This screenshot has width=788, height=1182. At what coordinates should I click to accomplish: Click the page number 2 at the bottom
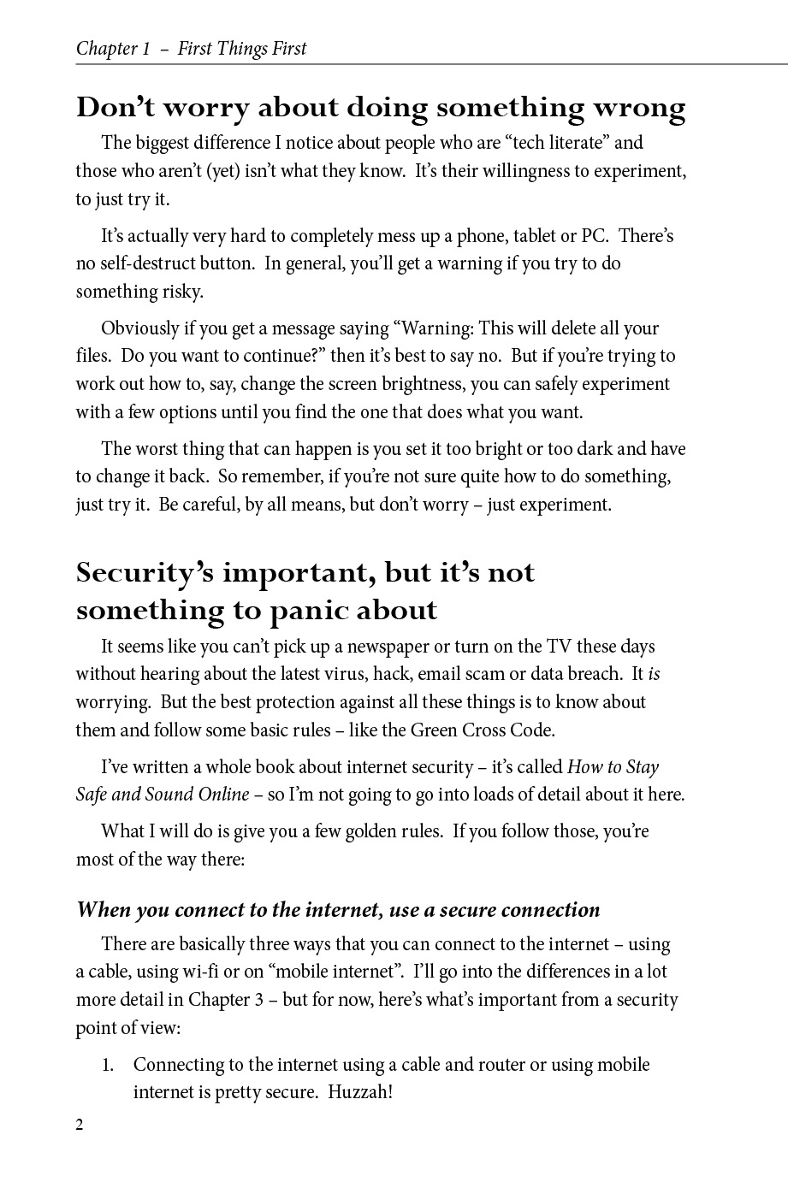(80, 1125)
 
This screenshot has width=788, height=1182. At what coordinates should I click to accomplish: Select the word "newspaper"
(393, 647)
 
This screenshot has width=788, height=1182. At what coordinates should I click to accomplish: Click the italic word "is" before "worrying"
(654, 674)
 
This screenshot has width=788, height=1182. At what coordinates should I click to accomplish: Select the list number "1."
(108, 1066)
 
